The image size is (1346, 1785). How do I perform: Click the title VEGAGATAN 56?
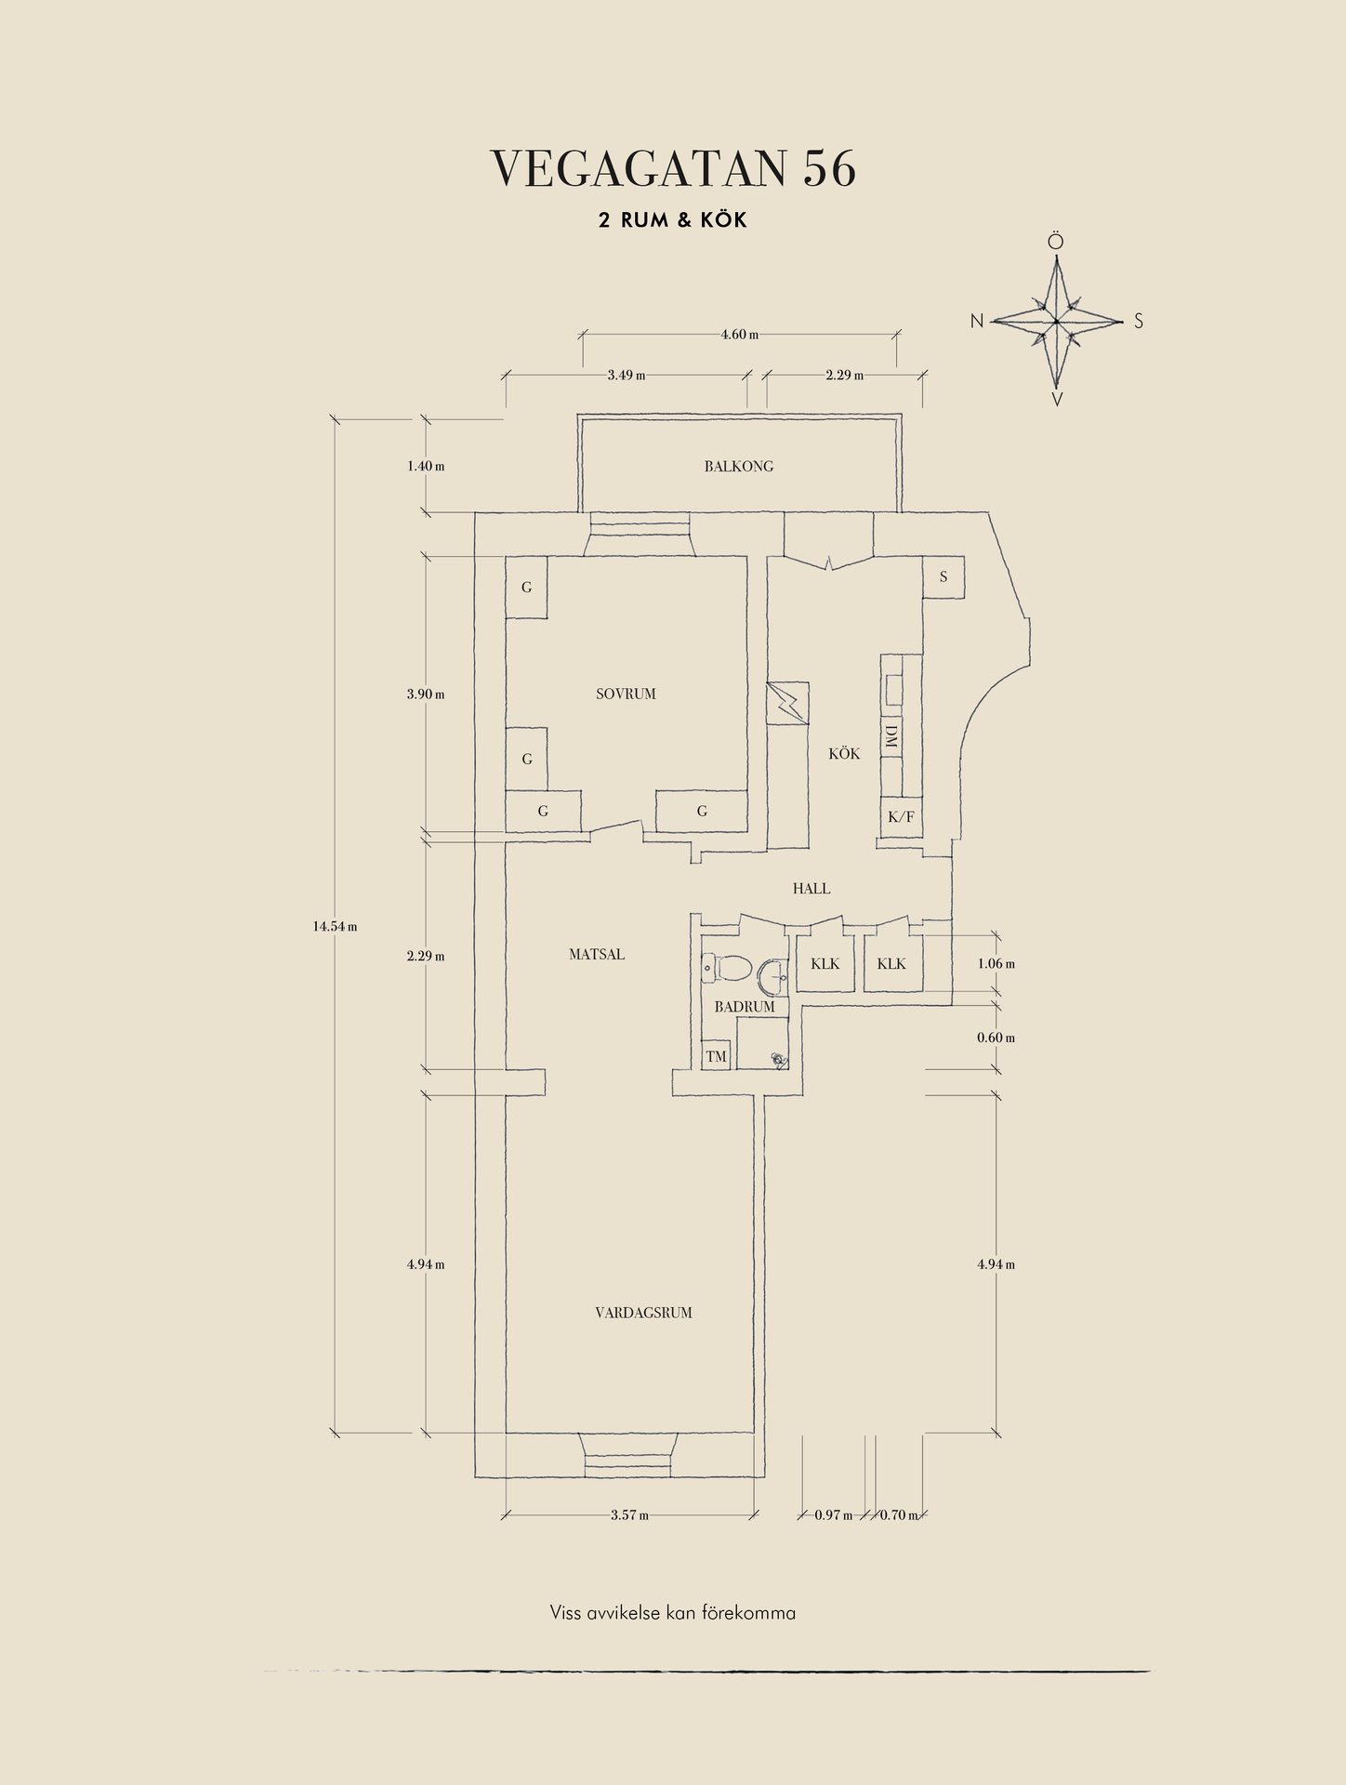tap(673, 169)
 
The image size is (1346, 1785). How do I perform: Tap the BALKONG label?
tap(738, 467)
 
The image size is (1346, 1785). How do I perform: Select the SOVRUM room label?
tap(626, 694)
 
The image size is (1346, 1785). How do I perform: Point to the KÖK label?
tap(844, 754)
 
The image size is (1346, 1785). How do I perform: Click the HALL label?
tap(811, 889)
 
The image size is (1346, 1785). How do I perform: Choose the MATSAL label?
tap(597, 955)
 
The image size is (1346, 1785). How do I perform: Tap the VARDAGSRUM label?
tap(643, 1313)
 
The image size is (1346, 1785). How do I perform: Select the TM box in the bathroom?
tap(716, 1056)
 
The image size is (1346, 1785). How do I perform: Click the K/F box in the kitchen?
tap(901, 817)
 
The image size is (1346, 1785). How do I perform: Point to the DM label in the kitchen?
tap(891, 739)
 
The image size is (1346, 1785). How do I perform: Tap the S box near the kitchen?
tap(944, 577)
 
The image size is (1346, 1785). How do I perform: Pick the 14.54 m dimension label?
tap(335, 926)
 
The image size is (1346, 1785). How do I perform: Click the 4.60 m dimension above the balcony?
tap(740, 335)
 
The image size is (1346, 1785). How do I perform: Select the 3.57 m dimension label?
tap(629, 1515)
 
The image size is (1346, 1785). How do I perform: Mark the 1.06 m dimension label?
tap(996, 964)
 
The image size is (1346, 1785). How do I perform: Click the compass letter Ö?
tap(1056, 242)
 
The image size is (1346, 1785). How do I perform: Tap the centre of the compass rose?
tap(1057, 322)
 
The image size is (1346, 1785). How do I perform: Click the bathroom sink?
tap(772, 975)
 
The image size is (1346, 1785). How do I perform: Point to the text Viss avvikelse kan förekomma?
tap(672, 1613)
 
